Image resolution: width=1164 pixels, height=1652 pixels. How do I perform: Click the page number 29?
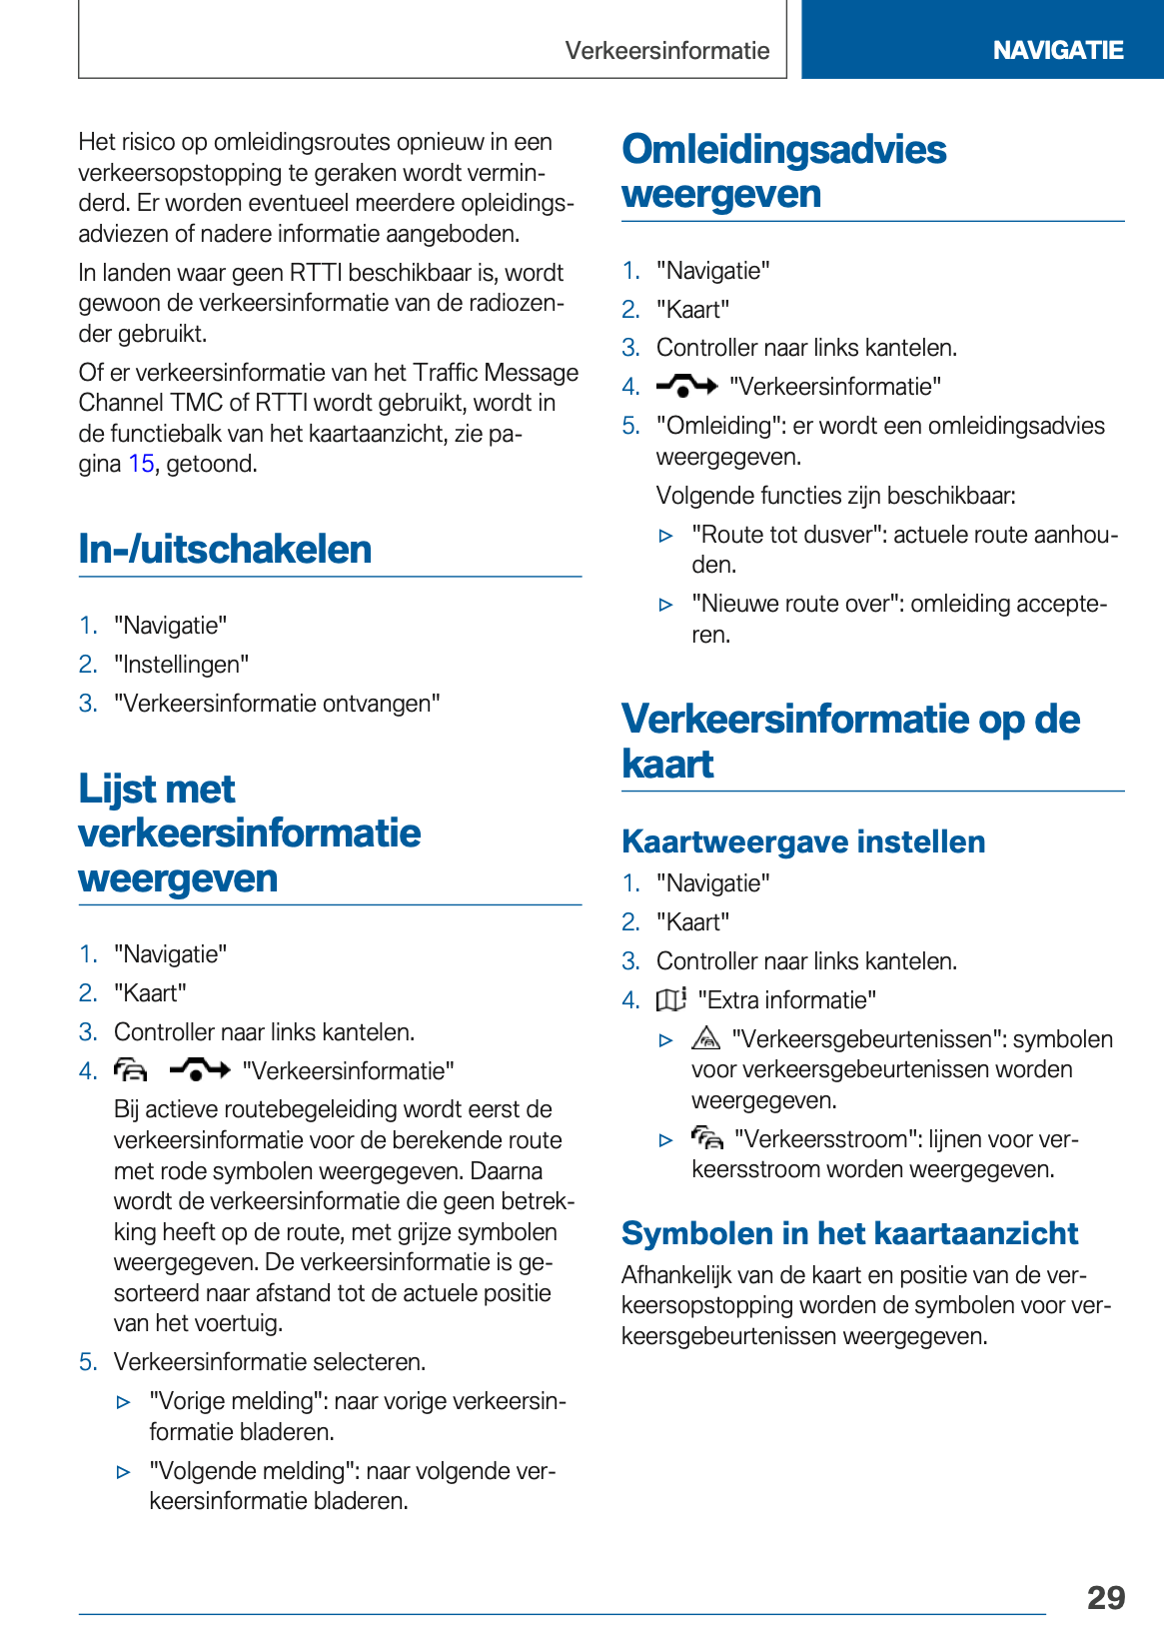pyautogui.click(x=1105, y=1597)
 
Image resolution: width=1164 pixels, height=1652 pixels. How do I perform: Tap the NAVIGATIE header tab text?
pyautogui.click(x=1057, y=50)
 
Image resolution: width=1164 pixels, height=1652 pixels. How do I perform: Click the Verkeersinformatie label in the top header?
pyautogui.click(x=666, y=51)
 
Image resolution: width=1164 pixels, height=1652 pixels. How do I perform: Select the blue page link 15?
pyautogui.click(x=141, y=464)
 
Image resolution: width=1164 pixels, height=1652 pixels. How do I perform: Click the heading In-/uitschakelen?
pyautogui.click(x=225, y=550)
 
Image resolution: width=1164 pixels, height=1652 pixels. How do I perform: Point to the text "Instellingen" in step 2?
pyautogui.click(x=182, y=665)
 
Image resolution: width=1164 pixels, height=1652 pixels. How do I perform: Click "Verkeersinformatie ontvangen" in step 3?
pyautogui.click(x=277, y=704)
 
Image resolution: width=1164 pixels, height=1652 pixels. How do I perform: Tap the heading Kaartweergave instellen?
pyautogui.click(x=803, y=841)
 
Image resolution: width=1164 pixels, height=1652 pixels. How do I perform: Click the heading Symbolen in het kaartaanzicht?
pyautogui.click(x=849, y=1233)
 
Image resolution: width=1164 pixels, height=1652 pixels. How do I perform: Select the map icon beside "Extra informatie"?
pyautogui.click(x=670, y=999)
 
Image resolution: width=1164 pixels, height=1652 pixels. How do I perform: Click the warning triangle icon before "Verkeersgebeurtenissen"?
pyautogui.click(x=705, y=1038)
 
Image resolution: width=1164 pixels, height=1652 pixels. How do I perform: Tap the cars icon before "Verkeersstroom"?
pyautogui.click(x=706, y=1138)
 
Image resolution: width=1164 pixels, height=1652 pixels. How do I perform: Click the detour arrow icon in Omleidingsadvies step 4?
pyautogui.click(x=686, y=386)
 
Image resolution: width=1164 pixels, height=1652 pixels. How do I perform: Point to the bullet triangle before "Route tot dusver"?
pyautogui.click(x=666, y=536)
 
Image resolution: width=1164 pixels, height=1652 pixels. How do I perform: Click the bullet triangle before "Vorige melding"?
pyautogui.click(x=124, y=1402)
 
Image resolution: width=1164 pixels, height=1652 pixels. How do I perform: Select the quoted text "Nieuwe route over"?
pyautogui.click(x=794, y=604)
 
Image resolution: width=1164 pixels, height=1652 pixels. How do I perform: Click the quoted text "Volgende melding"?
pyautogui.click(x=254, y=1471)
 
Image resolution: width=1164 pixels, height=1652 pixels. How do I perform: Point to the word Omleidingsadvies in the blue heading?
pyautogui.click(x=784, y=150)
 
